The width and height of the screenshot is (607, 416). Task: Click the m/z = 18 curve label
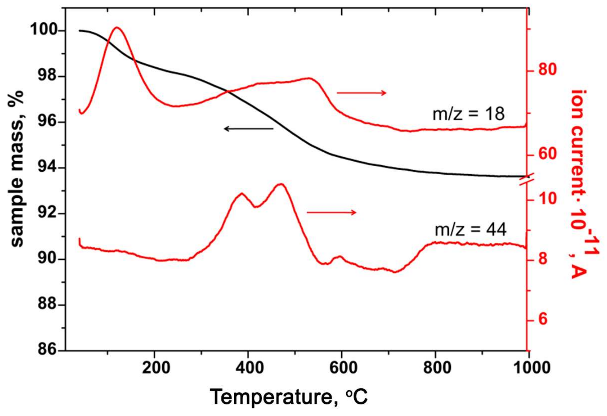tap(468, 114)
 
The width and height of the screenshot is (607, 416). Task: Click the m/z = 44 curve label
tap(470, 229)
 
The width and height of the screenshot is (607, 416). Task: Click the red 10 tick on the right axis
tap(547, 199)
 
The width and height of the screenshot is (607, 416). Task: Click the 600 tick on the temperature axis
tap(341, 368)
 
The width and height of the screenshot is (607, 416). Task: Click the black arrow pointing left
tap(248, 128)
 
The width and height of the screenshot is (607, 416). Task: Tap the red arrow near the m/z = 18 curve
tap(361, 93)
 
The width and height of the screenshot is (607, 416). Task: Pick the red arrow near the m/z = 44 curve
tap(331, 212)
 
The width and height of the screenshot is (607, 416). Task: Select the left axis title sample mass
tap(17, 168)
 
